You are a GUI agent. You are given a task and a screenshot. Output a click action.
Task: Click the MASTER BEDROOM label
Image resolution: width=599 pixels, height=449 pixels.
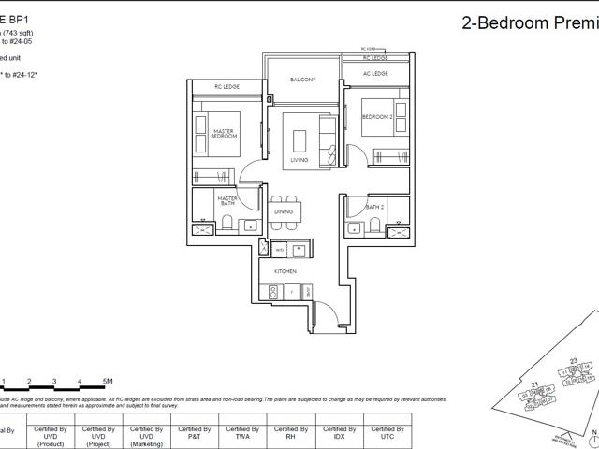pos(223,134)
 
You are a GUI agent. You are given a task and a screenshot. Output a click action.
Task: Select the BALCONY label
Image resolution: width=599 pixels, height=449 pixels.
pos(302,80)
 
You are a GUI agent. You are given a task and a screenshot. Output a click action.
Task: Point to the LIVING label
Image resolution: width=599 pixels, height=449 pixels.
pos(299,160)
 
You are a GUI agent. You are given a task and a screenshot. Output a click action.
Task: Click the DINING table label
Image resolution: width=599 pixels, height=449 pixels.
pos(284,211)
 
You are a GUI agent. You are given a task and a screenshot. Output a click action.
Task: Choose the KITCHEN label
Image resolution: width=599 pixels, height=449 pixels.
pos(285,271)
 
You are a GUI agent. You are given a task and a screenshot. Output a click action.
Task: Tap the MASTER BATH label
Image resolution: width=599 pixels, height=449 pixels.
pos(227,200)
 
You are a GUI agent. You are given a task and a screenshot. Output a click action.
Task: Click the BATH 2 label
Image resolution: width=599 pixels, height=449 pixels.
pos(374,207)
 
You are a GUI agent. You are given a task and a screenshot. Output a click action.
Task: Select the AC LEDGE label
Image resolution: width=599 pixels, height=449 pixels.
pos(375,73)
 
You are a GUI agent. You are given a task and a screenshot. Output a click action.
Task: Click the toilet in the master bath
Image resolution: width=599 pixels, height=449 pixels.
pos(226,224)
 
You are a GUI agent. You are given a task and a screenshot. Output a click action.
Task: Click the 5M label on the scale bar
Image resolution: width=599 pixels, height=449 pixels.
pos(108,382)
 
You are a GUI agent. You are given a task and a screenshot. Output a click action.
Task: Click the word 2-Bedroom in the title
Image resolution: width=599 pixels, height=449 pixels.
pos(504,24)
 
